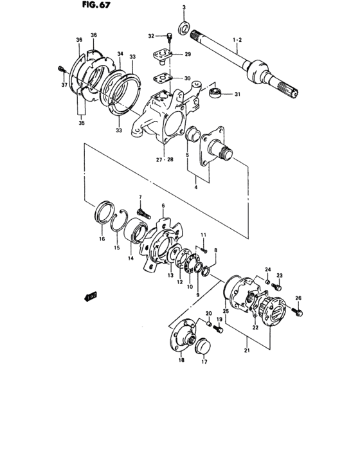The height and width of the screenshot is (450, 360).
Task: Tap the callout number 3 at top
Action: (183, 7)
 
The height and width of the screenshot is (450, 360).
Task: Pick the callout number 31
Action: (237, 96)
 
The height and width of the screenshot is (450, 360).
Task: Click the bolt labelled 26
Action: (298, 312)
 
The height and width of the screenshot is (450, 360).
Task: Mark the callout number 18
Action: (181, 361)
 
